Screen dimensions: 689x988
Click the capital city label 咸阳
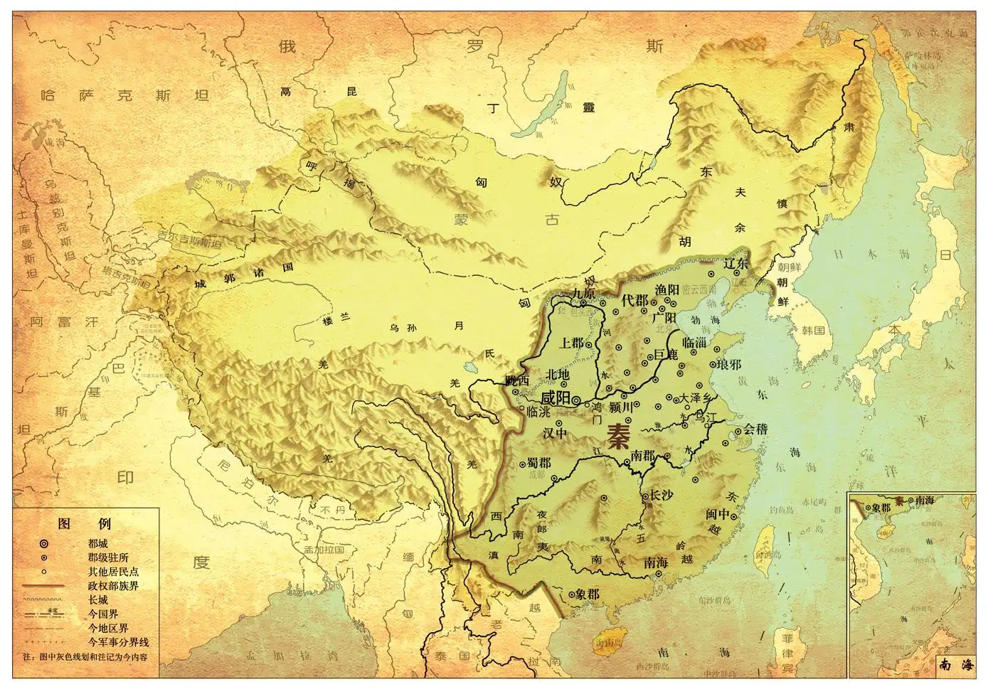click(556, 397)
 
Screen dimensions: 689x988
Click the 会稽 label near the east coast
click(756, 429)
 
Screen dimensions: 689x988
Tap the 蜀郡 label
click(538, 463)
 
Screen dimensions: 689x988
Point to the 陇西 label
click(518, 380)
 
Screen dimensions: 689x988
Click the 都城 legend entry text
click(98, 543)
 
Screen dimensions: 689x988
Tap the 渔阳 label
click(667, 289)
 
